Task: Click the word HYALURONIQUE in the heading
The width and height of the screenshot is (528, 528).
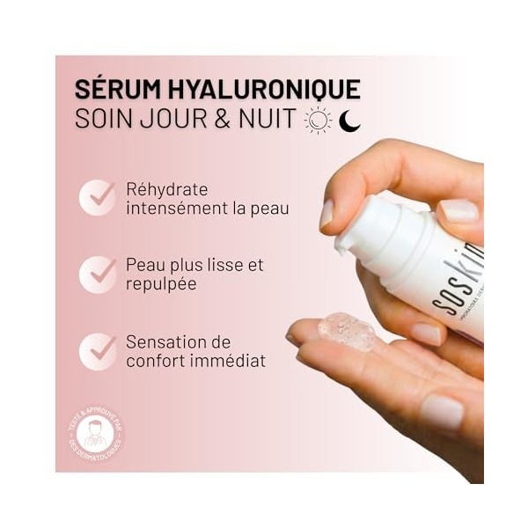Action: [260, 90]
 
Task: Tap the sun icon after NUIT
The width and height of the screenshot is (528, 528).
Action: [318, 121]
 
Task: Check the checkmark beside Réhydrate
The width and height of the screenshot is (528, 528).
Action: [97, 197]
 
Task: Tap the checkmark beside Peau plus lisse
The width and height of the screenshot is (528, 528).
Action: [97, 275]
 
